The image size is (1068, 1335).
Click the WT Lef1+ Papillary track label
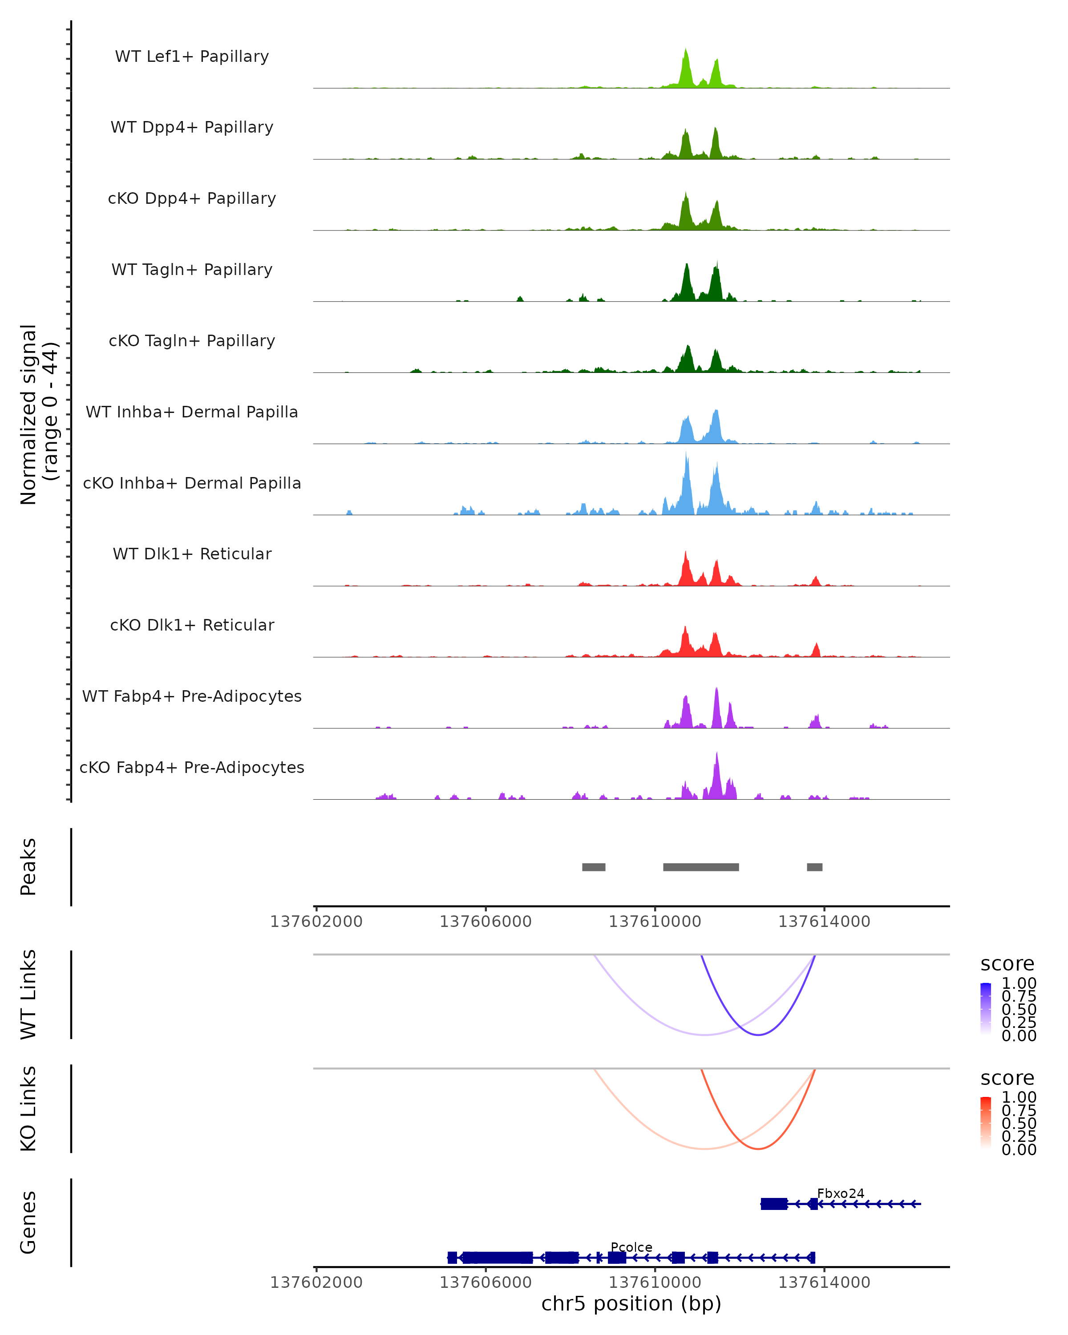click(192, 57)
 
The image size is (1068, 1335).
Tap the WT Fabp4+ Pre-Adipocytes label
click(192, 696)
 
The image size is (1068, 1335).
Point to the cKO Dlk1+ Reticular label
click(192, 625)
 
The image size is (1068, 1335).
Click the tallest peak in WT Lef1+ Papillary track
click(685, 51)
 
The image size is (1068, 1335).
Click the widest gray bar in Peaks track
click(701, 867)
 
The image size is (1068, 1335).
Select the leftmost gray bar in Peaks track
click(594, 867)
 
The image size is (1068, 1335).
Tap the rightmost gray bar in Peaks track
click(815, 867)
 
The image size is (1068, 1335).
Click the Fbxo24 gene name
click(840, 1193)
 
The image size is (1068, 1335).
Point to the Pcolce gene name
click(631, 1247)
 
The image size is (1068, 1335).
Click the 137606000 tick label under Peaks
click(485, 922)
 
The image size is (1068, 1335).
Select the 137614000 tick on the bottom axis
click(824, 1282)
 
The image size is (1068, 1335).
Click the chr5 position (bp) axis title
click(631, 1304)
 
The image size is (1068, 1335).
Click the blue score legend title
click(1007, 964)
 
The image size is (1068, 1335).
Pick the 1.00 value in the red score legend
click(1019, 1097)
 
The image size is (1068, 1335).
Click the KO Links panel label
click(28, 1109)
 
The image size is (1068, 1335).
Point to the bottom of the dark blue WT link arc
click(758, 1035)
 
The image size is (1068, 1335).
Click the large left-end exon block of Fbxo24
click(774, 1204)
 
